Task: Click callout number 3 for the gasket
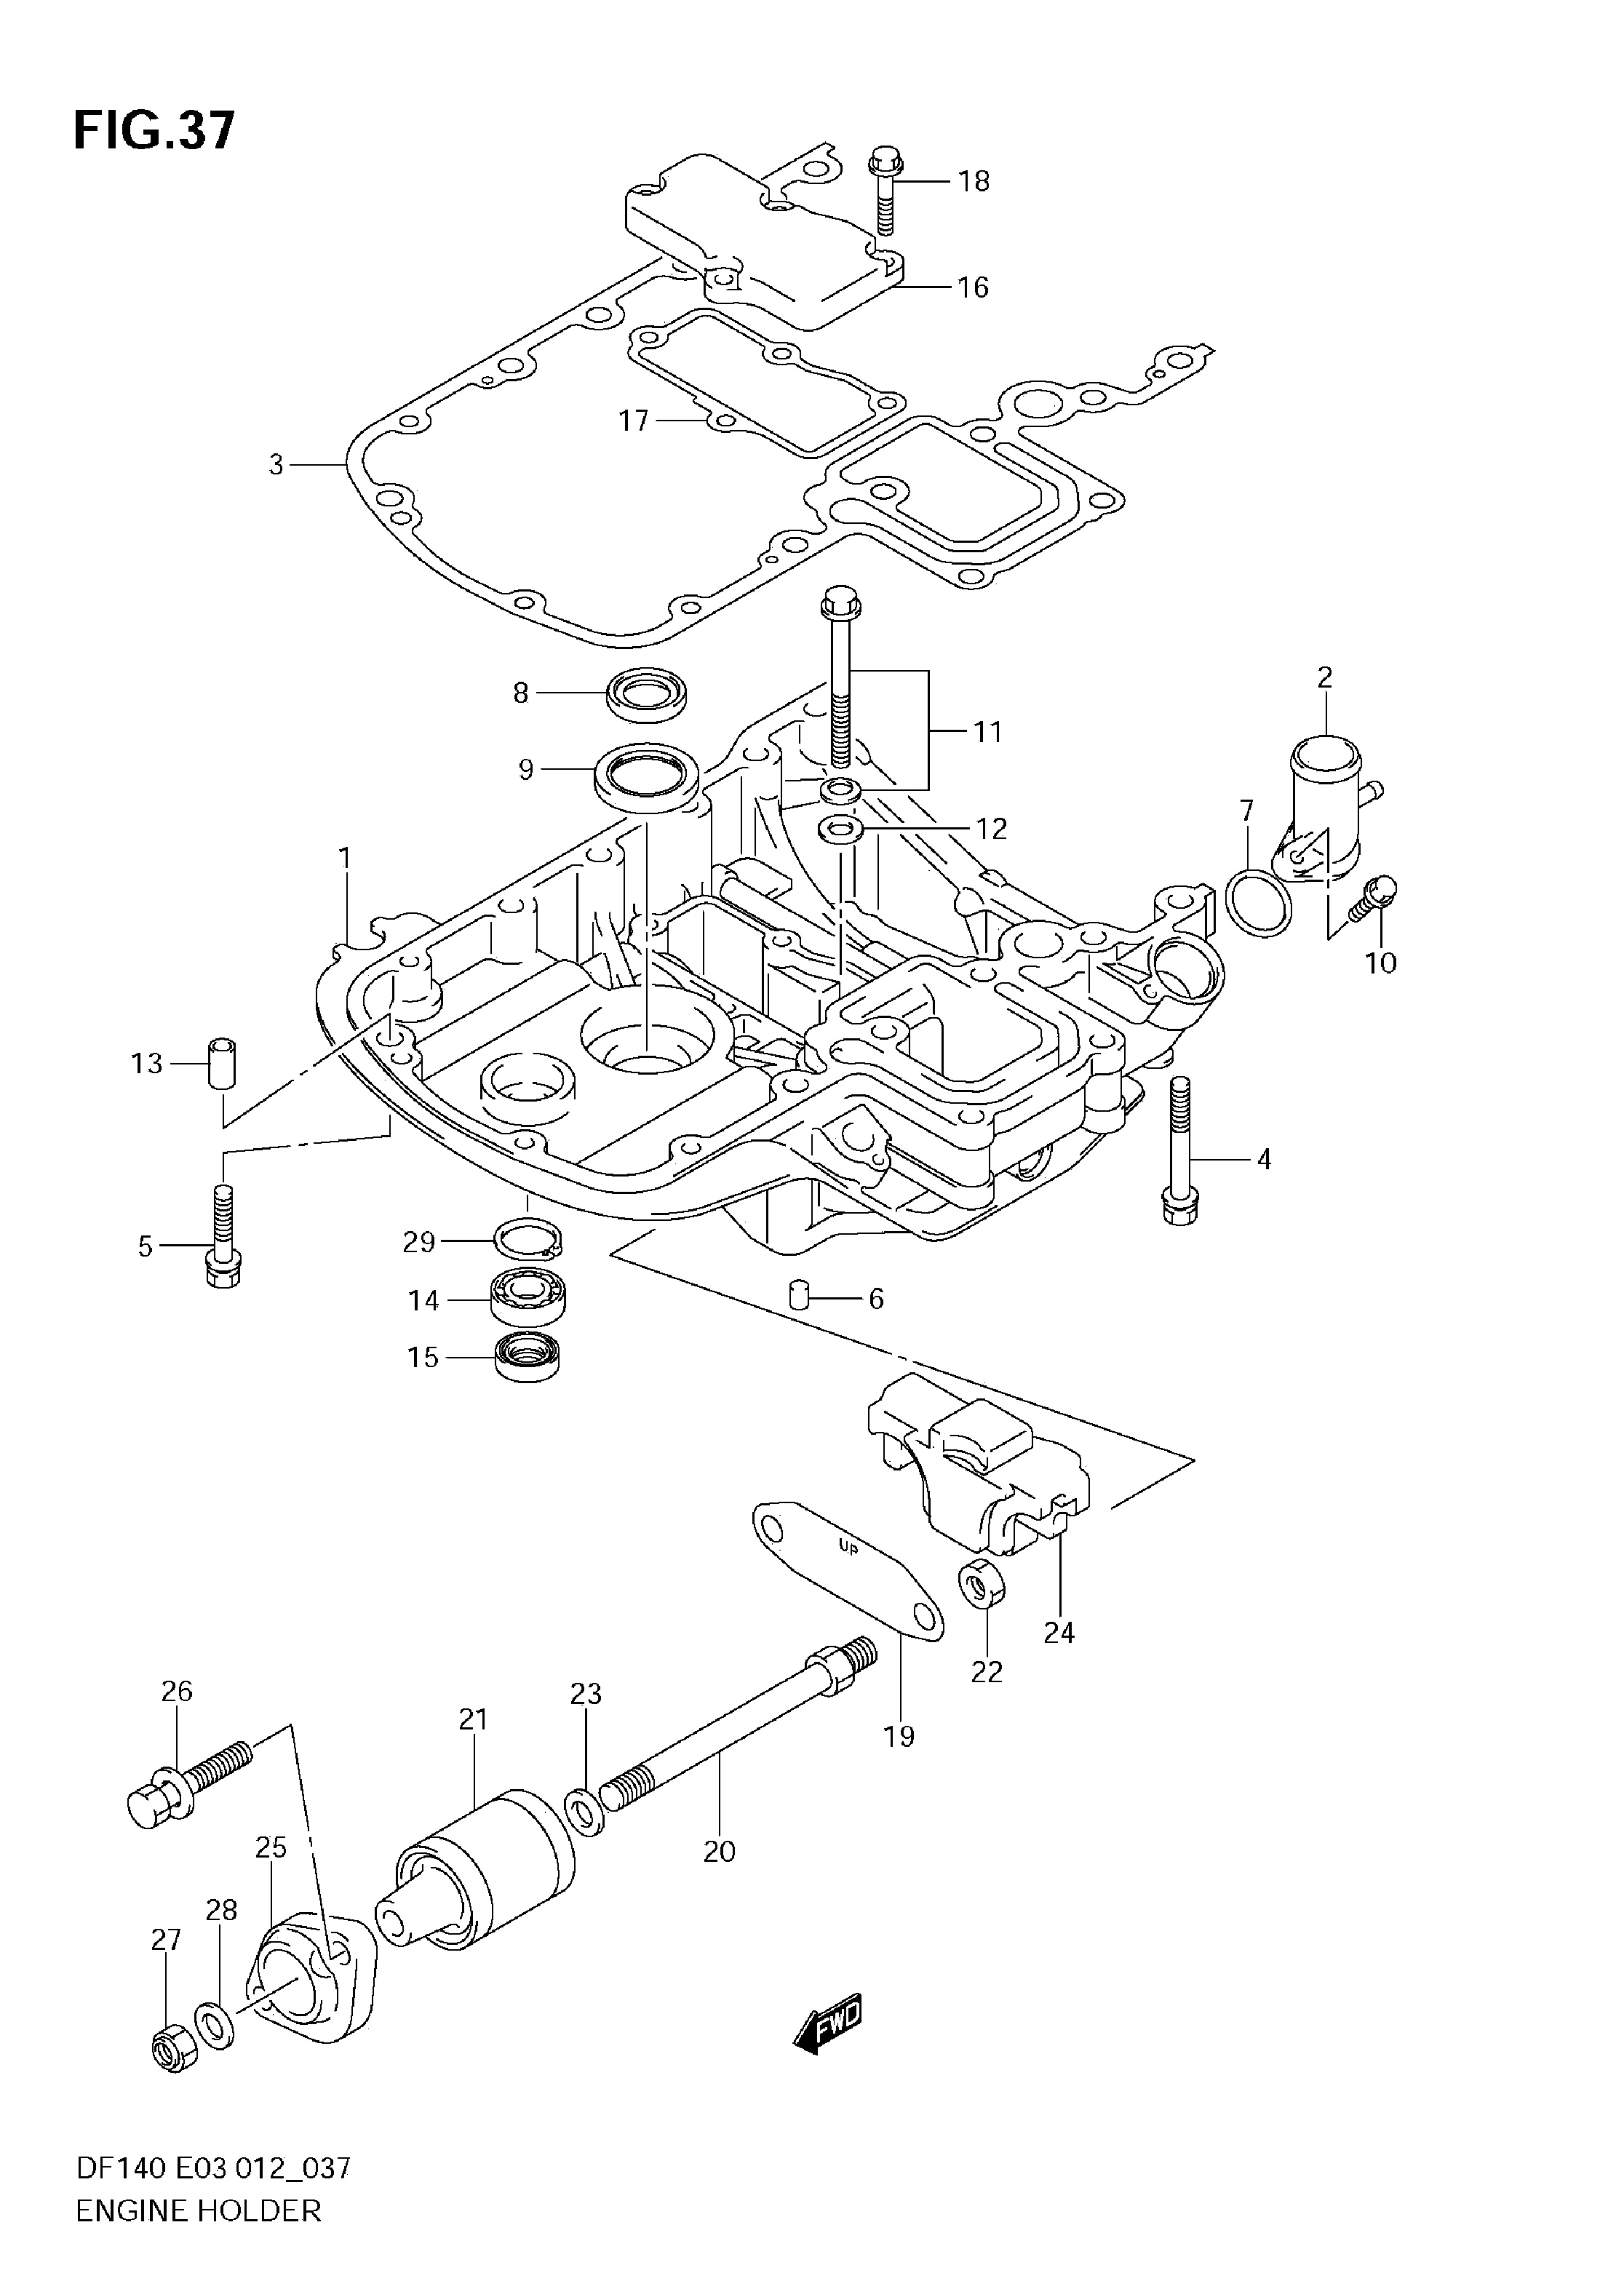click(276, 465)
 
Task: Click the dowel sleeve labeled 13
click(223, 1064)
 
